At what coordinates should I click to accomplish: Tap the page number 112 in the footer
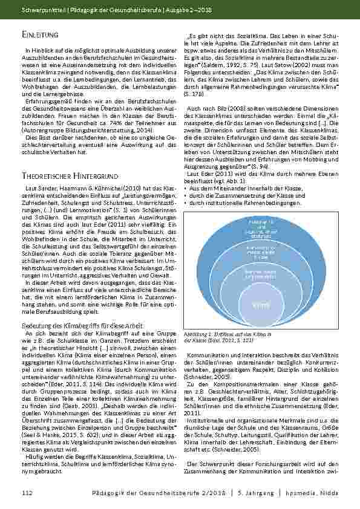(25, 493)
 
